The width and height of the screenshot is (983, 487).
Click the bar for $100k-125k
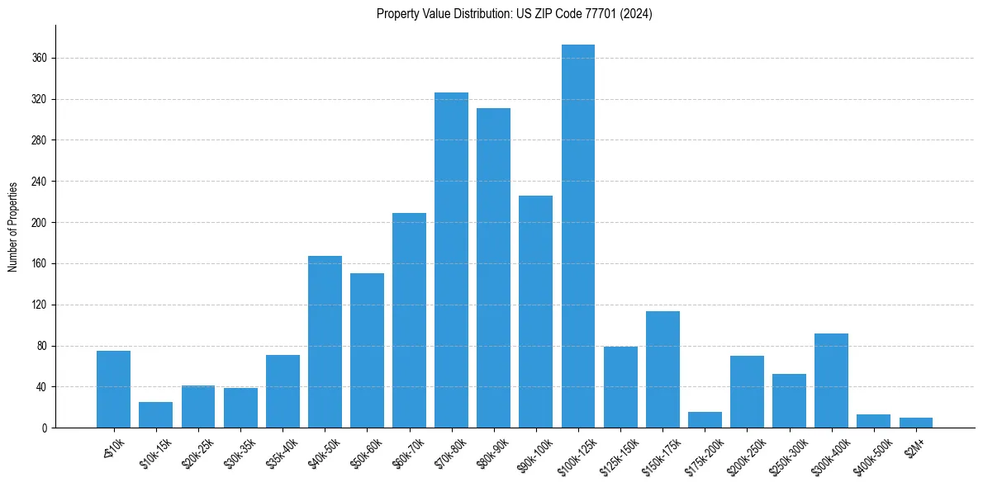coord(578,236)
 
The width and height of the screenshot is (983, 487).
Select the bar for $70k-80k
coord(451,260)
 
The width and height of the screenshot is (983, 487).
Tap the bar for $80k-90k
coord(493,267)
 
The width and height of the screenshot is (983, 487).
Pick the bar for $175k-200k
coord(705,420)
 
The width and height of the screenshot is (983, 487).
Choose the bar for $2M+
coord(916,423)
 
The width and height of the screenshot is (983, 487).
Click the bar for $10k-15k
coord(155,415)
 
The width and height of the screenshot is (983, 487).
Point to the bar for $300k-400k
coord(831,381)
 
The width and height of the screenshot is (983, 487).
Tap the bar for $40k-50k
coord(325,342)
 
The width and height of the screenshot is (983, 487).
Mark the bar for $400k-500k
coord(873,421)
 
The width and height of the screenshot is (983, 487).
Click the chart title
coord(515,14)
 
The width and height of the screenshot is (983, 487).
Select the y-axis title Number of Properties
coord(12,226)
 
